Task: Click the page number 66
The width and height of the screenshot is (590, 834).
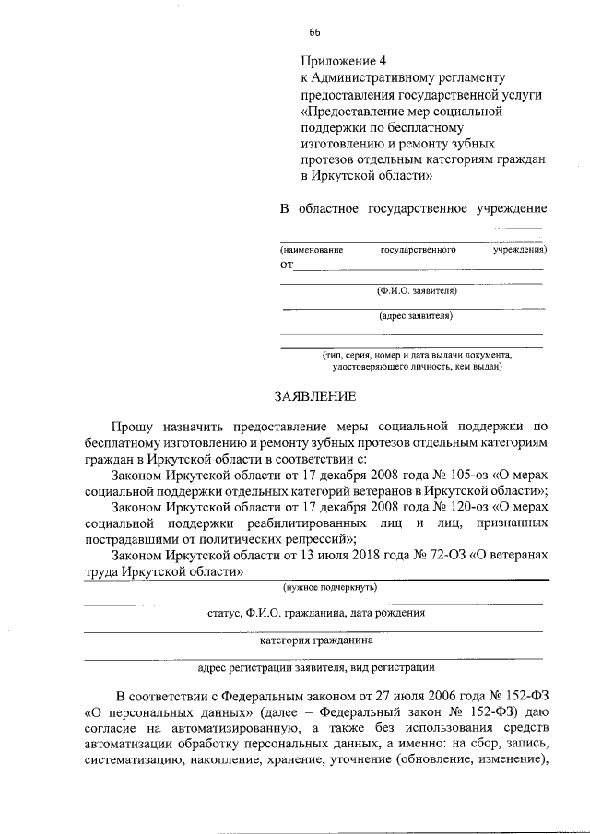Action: pyautogui.click(x=314, y=32)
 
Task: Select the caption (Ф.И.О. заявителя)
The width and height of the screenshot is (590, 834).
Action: pyautogui.click(x=416, y=291)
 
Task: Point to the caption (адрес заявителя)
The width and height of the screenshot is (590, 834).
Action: pyautogui.click(x=416, y=316)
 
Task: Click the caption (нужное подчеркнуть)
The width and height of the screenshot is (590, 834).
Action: pyautogui.click(x=329, y=587)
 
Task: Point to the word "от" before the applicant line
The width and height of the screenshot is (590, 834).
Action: pyautogui.click(x=287, y=265)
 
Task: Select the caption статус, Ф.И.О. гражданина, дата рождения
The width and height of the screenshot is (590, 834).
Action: pyautogui.click(x=316, y=612)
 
